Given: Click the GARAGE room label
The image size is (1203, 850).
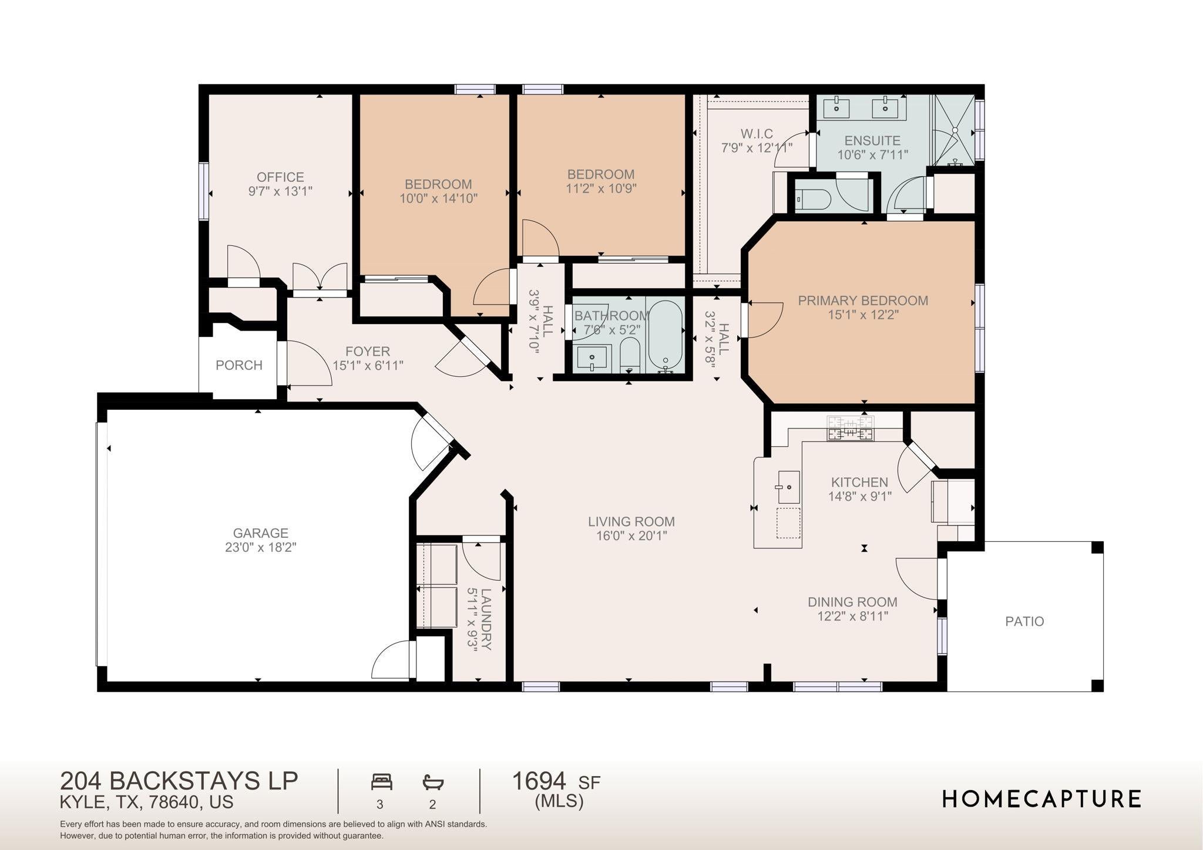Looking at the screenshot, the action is (x=260, y=533).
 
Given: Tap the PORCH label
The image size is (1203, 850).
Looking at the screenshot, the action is (x=238, y=365).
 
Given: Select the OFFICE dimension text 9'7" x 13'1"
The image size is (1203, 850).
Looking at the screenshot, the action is (x=280, y=191).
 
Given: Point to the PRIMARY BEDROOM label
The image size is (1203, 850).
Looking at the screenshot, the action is (x=863, y=301).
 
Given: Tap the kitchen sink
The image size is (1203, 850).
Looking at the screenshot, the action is (x=789, y=487).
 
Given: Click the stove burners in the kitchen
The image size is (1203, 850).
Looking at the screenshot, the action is (x=850, y=429).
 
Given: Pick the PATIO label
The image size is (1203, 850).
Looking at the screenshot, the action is (x=1024, y=621).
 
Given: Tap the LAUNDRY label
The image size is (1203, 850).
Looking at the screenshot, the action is (x=486, y=619).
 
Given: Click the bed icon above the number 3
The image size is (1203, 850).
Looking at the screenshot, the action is (x=382, y=782).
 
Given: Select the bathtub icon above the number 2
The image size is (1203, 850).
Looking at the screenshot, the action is (x=433, y=782).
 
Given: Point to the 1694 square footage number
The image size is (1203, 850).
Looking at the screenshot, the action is (x=539, y=781).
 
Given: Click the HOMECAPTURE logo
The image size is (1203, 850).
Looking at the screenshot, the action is (x=1041, y=799).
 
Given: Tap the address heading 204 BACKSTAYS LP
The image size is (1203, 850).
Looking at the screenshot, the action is (x=179, y=781).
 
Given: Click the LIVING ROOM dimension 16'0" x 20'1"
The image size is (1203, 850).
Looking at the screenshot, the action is (x=631, y=536).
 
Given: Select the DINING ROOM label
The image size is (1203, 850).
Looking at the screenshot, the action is (x=852, y=602).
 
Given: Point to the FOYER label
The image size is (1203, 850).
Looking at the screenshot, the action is (x=368, y=352).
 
